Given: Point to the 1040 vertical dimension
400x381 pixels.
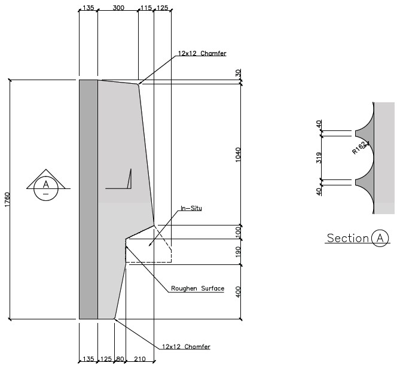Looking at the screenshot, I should pyautogui.click(x=239, y=154).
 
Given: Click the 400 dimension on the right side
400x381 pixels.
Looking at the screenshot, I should pyautogui.click(x=239, y=292).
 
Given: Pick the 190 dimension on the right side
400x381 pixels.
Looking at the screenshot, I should pyautogui.click(x=239, y=251).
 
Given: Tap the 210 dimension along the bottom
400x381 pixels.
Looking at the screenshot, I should pyautogui.click(x=140, y=359).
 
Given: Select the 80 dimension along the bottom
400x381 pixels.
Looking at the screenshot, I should pyautogui.click(x=120, y=359).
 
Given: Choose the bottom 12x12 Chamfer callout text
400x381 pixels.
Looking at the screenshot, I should pyautogui.click(x=186, y=346).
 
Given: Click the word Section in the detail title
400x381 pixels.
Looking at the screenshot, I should pyautogui.click(x=347, y=239).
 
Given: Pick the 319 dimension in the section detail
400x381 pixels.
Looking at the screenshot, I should pyautogui.click(x=319, y=158).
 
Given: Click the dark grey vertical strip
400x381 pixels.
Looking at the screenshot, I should pyautogui.click(x=88, y=199).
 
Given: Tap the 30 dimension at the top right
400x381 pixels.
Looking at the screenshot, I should pyautogui.click(x=239, y=72).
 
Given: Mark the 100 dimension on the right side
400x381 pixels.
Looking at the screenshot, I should pyautogui.click(x=239, y=231).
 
